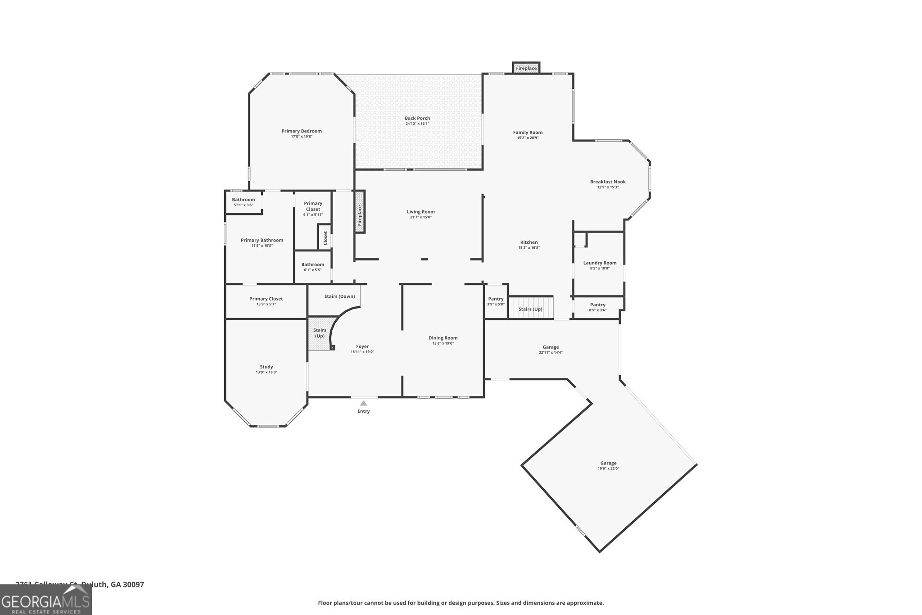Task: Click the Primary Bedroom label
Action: (x=302, y=131)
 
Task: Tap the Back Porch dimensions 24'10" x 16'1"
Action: (x=417, y=123)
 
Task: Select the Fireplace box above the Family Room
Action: (x=526, y=68)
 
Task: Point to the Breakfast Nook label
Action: (x=608, y=182)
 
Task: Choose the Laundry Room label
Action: (x=600, y=263)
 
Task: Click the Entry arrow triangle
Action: (x=363, y=403)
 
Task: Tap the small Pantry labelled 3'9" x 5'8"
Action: (x=496, y=301)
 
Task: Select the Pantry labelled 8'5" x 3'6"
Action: (x=597, y=307)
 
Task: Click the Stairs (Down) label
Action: (x=339, y=296)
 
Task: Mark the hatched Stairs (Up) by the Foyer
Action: (x=320, y=333)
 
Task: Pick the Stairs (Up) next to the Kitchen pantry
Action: (x=530, y=309)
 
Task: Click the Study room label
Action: (x=266, y=367)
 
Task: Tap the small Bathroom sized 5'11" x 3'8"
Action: (x=243, y=202)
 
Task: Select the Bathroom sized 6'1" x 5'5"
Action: (x=312, y=267)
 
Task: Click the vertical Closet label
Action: (x=325, y=238)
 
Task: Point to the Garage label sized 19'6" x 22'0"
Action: (x=608, y=463)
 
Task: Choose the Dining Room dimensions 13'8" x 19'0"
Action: (x=443, y=343)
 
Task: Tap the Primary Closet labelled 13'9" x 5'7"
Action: (x=266, y=301)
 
